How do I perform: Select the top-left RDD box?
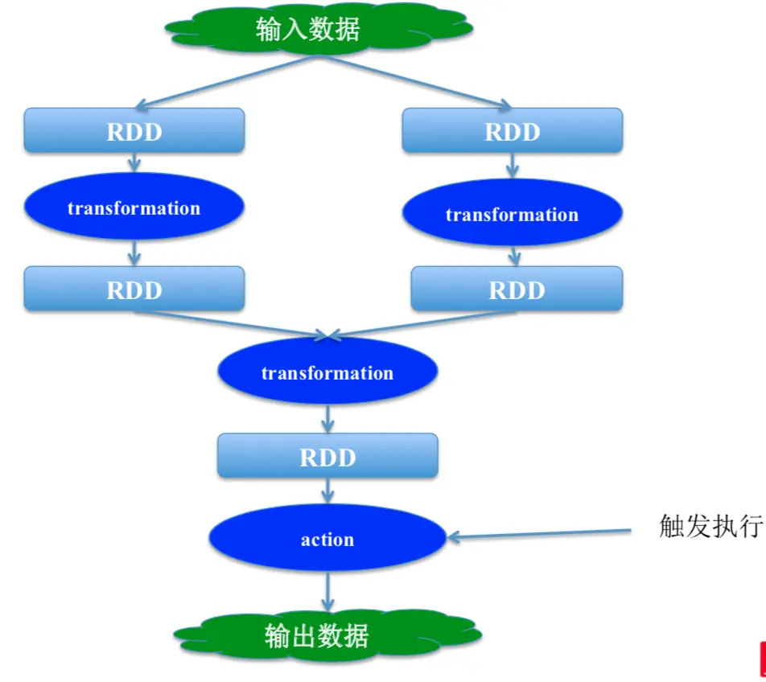pyautogui.click(x=134, y=130)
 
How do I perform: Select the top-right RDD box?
pyautogui.click(x=512, y=130)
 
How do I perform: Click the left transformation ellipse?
pyautogui.click(x=134, y=208)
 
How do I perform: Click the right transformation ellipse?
pyautogui.click(x=512, y=214)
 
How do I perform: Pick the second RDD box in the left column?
pyautogui.click(x=134, y=289)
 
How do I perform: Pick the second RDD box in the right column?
pyautogui.click(x=516, y=289)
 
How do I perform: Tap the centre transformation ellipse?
pyautogui.click(x=327, y=373)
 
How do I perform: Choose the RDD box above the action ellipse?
pyautogui.click(x=327, y=456)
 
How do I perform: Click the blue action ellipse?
pyautogui.click(x=327, y=539)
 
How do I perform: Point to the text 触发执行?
pyautogui.click(x=709, y=527)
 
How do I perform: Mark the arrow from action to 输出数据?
pyautogui.click(x=327, y=590)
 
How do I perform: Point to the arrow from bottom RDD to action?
pyautogui.click(x=327, y=491)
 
